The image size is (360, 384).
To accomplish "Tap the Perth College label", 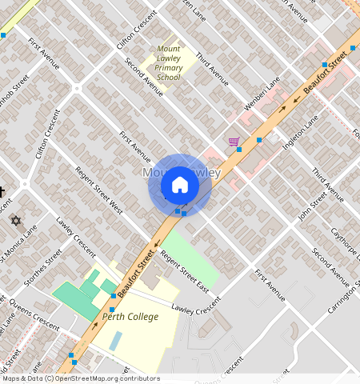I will pos(130,317).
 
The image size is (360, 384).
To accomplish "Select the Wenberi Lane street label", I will pos(262,94).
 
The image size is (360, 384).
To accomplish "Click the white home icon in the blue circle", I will pos(180,185).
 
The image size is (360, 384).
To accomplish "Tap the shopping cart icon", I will pos(234,142).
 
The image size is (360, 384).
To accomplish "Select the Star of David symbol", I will pos(14,220).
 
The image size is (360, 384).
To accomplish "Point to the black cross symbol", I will pos(2,192).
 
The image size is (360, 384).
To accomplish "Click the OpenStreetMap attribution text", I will pos(80,378).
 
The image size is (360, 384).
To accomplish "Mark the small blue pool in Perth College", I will pos(117,340).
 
